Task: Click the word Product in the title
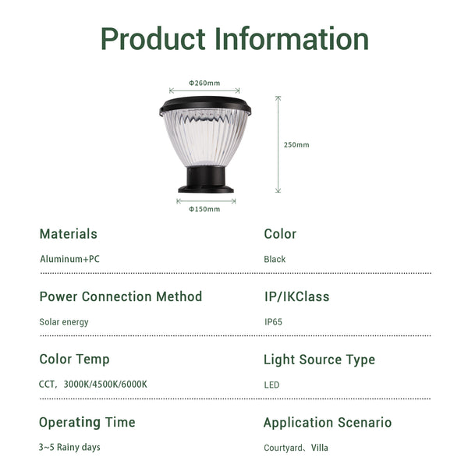[154, 39]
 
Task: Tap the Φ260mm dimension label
[204, 83]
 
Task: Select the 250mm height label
[296, 145]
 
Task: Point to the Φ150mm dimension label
[204, 209]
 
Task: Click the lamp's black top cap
[205, 105]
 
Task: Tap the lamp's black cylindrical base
[206, 179]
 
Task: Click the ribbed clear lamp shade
[206, 137]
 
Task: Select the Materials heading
[69, 234]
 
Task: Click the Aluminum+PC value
[70, 259]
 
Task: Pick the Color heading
[280, 234]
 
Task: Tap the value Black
[275, 259]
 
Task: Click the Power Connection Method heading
[121, 296]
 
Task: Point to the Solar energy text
[64, 322]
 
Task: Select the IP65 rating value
[273, 322]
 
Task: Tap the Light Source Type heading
[319, 360]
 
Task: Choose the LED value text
[271, 385]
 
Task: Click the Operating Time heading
[87, 422]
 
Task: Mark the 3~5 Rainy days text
[69, 448]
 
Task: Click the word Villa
[319, 448]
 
